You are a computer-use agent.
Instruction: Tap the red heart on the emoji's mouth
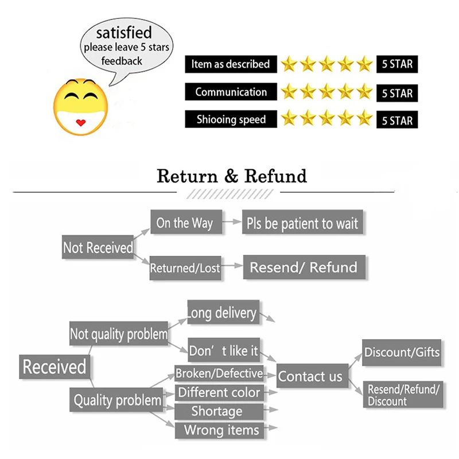coord(80,122)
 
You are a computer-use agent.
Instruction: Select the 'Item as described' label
coord(231,64)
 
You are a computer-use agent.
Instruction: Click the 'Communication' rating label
coord(231,92)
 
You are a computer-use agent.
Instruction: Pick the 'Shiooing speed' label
coord(231,119)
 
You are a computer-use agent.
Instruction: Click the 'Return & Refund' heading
coord(232,176)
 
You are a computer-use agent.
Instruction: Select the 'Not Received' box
coord(98,248)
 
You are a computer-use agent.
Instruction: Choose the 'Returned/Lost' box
coord(185,268)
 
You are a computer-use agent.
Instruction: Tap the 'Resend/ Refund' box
coord(304,267)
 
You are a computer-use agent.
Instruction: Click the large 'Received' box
coord(55,367)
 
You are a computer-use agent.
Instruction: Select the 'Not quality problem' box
coord(119,333)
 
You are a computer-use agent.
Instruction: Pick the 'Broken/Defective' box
coord(219,374)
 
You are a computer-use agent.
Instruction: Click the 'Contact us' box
coord(310,376)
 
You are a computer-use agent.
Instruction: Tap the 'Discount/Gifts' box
coord(402,352)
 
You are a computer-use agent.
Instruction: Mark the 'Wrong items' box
coord(221,430)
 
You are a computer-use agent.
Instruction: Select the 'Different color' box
coord(219,393)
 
